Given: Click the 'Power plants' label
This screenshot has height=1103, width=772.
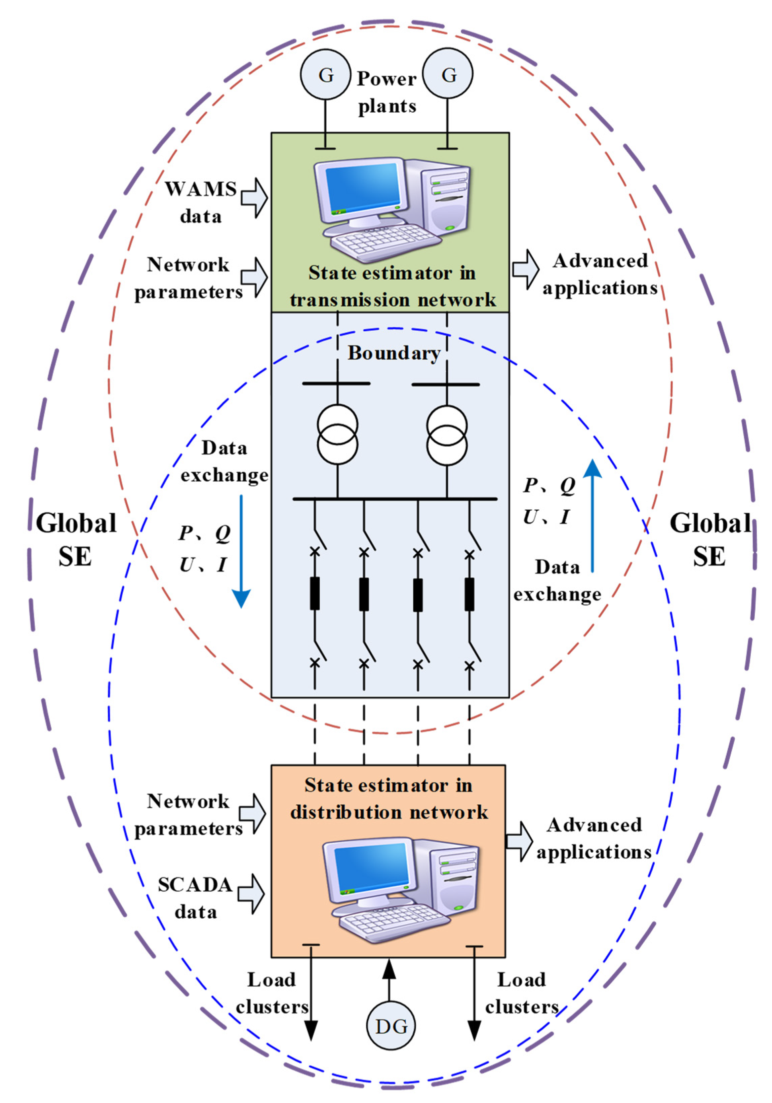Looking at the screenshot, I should coord(387,92).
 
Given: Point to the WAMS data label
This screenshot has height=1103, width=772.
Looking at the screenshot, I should coord(201,202).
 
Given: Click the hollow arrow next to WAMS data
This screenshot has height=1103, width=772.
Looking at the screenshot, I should coord(254,197).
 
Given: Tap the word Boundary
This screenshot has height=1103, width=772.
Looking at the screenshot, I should coord(394,353).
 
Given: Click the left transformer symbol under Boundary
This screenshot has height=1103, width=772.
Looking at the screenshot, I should coord(337,434).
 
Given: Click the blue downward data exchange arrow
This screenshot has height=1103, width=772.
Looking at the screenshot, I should coord(241,552).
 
